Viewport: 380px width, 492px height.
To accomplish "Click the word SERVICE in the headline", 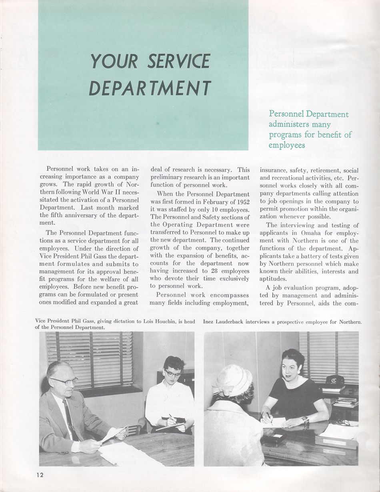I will tap(179, 61).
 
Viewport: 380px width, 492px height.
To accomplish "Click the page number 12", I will tap(39, 475).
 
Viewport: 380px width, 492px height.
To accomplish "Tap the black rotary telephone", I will tap(334, 380).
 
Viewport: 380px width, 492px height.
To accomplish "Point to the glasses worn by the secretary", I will tap(173, 374).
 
